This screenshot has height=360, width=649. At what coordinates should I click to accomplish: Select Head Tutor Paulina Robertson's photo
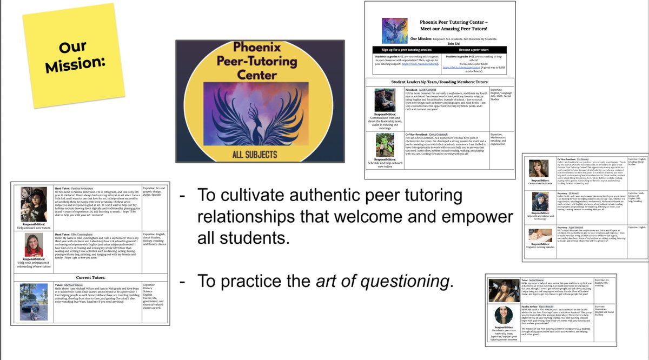tap(34, 199)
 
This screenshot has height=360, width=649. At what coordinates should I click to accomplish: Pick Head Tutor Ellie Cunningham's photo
tap(34, 244)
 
